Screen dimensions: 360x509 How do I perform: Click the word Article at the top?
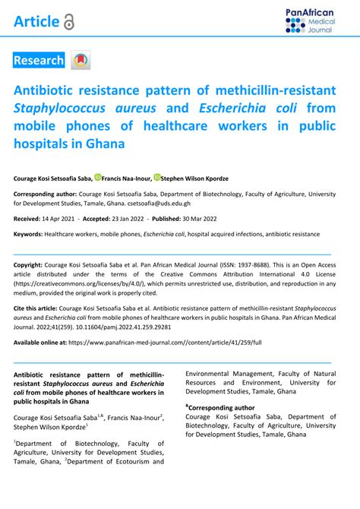[x=36, y=22]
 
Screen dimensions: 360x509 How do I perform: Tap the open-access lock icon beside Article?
[x=70, y=23]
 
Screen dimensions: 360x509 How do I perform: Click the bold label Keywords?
[x=27, y=236]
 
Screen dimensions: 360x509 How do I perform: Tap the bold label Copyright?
[x=28, y=265]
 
